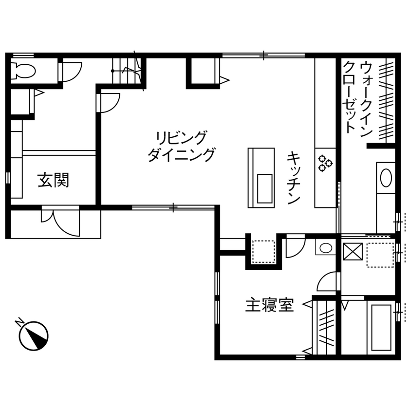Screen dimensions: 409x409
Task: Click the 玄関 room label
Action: click(x=54, y=181)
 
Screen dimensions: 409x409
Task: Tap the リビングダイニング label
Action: click(x=181, y=146)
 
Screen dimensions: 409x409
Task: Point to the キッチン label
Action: click(x=293, y=177)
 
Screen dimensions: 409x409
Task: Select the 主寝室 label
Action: click(x=269, y=306)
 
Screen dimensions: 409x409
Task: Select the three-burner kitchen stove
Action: click(x=325, y=163)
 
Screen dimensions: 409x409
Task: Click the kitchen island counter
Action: click(x=261, y=176)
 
